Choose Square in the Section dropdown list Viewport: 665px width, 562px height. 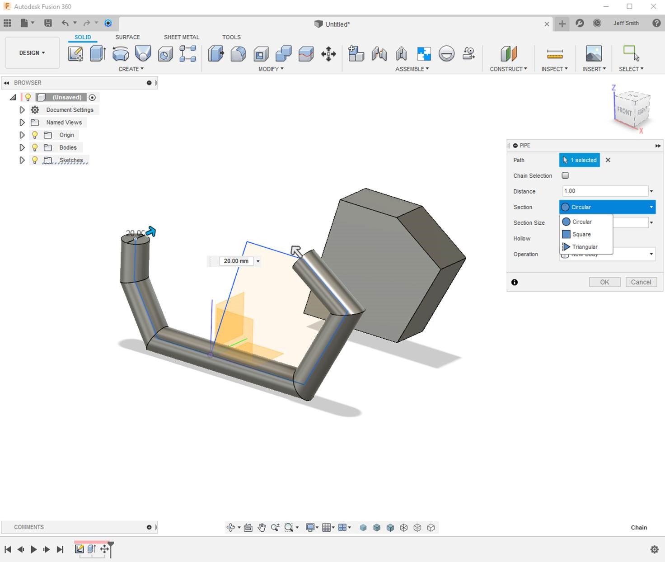581,234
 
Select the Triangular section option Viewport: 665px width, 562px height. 585,247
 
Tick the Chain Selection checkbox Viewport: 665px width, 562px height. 565,175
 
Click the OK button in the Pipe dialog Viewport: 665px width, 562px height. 604,282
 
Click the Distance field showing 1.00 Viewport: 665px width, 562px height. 604,191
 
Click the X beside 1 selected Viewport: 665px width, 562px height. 608,160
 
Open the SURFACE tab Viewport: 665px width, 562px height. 127,37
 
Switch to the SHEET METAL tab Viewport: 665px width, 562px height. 181,37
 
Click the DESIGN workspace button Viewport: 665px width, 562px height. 32,53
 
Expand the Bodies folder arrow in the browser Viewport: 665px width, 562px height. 22,147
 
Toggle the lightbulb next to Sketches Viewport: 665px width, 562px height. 35,160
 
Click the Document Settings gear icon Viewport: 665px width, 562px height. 35,110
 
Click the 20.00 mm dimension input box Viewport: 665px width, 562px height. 236,261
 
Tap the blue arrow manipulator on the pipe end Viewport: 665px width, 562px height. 151,232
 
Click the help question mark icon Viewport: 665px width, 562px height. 656,23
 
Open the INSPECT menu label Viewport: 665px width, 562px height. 554,69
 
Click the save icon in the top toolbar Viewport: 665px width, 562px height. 48,23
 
